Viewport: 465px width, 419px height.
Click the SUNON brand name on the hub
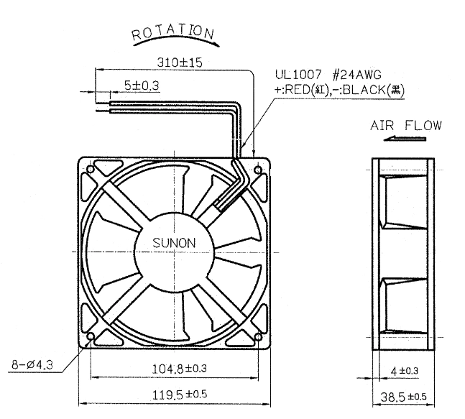coord(174,243)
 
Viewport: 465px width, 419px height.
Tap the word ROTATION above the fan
coord(173,32)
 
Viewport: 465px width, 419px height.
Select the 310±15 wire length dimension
coord(180,63)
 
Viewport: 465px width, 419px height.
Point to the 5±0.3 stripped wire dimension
coord(142,86)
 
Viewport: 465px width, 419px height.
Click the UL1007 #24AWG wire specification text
coord(328,75)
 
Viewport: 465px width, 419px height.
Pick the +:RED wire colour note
coord(301,90)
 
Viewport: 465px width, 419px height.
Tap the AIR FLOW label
coord(406,126)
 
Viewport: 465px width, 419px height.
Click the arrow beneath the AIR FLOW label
coord(405,138)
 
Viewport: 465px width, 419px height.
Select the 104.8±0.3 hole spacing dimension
coord(180,369)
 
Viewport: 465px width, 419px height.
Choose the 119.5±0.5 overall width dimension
coord(180,395)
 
